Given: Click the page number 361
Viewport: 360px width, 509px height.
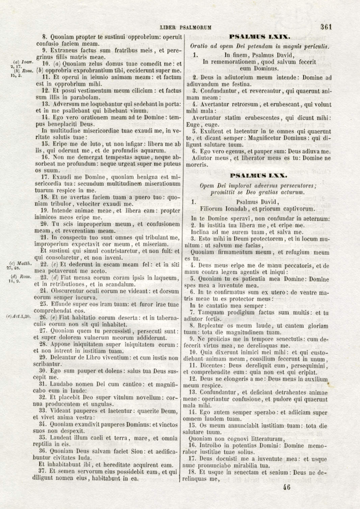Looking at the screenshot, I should pos(326,27).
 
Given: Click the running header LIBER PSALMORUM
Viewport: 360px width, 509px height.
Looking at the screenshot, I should pos(185,27).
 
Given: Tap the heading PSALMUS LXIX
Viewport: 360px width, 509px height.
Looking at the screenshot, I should pos(259,37).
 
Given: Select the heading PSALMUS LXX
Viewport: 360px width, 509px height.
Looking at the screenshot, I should pos(258,175).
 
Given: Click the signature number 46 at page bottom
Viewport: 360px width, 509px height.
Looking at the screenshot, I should pos(286,487).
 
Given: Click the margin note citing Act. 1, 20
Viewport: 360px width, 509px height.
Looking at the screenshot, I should pos(19,316).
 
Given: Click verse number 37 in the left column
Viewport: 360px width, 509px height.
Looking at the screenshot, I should pos(42,471).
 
